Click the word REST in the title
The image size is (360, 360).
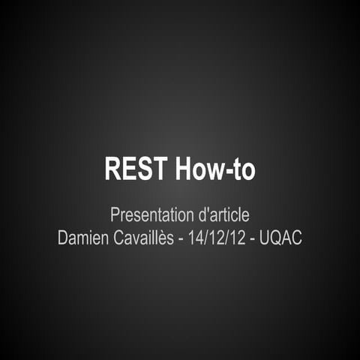pos(136,169)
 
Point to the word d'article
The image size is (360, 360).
pos(223,215)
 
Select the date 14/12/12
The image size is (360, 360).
pos(217,239)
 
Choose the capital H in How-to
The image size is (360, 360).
pos(184,169)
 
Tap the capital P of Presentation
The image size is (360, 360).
pos(115,215)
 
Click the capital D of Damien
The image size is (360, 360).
pos(63,239)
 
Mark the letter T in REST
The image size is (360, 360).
pos(158,169)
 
